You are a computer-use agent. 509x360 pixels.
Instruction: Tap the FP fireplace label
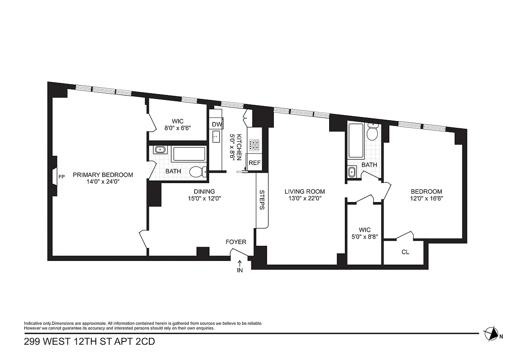point(61,177)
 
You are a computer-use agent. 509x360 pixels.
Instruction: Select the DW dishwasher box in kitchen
point(216,124)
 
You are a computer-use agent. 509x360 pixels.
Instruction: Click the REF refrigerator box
point(254,163)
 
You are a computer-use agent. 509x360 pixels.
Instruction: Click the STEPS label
point(262,200)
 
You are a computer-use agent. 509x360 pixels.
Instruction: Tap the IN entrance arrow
point(240,266)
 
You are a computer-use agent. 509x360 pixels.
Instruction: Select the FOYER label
point(236,242)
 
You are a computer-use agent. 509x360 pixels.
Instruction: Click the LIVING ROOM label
point(304,191)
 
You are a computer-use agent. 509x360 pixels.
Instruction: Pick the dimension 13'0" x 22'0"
point(304,198)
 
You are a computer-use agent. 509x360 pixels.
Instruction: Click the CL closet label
point(405,252)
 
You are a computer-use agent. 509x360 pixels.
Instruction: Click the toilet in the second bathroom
point(372,133)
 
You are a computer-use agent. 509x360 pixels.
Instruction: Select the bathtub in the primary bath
point(189,154)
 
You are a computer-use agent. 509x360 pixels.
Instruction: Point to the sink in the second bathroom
point(352,171)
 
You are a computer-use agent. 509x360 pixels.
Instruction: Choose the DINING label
point(204,191)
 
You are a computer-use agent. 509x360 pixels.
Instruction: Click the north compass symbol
point(492,333)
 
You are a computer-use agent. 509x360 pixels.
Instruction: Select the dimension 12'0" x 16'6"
point(426,198)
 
